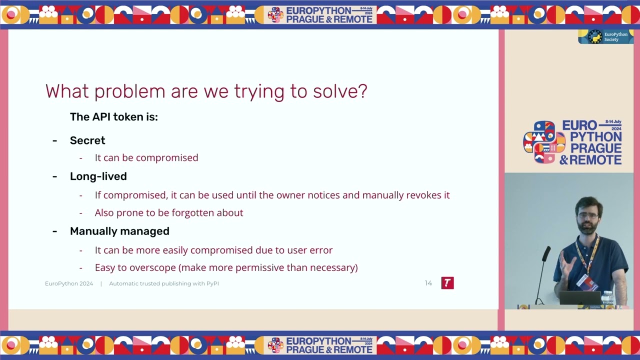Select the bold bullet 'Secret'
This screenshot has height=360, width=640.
pyautogui.click(x=87, y=140)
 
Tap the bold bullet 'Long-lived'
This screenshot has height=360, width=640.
pyautogui.click(x=98, y=176)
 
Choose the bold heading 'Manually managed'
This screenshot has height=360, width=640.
pyautogui.click(x=119, y=231)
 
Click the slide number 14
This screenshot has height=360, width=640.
pyautogui.click(x=428, y=283)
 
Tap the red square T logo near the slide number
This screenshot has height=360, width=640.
pyautogui.click(x=447, y=283)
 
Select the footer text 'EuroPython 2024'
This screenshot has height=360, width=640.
pyautogui.click(x=69, y=283)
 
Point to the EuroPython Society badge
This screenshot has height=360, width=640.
pyautogui.click(x=605, y=37)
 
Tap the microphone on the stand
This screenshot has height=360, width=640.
pyautogui.click(x=546, y=252)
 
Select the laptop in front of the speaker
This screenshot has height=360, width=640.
pyautogui.click(x=579, y=298)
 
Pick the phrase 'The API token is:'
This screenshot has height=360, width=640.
pyautogui.click(x=113, y=117)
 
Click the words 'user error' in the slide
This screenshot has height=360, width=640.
pyautogui.click(x=311, y=250)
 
